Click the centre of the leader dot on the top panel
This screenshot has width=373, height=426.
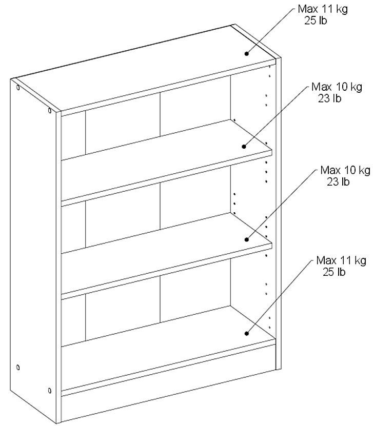point(247,53)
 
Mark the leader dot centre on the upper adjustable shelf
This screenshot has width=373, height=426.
point(244,147)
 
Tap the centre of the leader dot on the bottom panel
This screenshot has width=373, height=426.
point(247,333)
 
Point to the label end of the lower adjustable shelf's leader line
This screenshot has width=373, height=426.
point(318,170)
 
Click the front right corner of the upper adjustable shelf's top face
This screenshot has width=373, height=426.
point(272,149)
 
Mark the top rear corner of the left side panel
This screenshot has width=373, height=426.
point(11,79)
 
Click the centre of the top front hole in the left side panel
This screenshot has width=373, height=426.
point(49,110)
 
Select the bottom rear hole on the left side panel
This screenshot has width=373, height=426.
point(18,368)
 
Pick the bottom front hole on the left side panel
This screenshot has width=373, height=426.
point(49,391)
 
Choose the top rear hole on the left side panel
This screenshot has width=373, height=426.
point(18,88)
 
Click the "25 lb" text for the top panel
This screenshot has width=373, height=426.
point(316,21)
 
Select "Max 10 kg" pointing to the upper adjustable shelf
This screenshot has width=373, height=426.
point(337,87)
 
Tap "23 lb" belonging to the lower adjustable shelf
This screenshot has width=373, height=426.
point(338,181)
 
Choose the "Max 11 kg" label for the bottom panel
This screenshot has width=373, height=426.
point(341,260)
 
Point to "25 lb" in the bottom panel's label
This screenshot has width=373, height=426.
point(334,272)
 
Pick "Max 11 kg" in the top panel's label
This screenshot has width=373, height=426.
point(323,9)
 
